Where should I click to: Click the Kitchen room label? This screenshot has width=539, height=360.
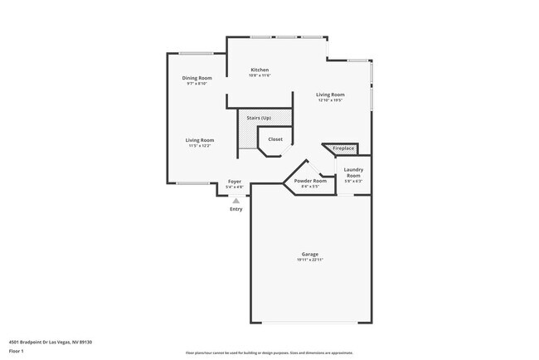pos(260,70)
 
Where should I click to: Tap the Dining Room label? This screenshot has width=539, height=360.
pos(197,78)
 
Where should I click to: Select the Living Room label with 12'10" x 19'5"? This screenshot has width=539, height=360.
pos(330,95)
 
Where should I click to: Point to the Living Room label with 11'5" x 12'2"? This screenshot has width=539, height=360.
pos(200,140)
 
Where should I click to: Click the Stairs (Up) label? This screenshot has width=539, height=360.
pos(259,118)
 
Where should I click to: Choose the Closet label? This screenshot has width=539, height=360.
pos(275,139)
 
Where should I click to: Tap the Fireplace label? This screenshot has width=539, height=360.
pos(343,148)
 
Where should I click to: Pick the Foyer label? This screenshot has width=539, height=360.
pos(235,182)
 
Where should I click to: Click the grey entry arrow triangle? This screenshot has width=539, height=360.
pos(236,200)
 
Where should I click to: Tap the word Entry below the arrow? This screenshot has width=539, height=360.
pos(236,209)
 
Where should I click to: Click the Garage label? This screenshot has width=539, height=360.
pos(309,255)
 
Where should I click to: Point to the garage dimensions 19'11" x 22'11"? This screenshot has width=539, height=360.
pos(309,260)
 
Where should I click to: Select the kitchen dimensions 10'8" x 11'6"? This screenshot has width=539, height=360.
pos(260,75)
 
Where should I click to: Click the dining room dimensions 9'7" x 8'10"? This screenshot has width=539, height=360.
pos(197,84)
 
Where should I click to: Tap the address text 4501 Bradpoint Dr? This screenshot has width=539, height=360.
pos(50,342)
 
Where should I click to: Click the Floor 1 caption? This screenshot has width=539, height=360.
pos(17,351)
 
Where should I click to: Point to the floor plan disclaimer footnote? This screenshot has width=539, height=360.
pos(269,353)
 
